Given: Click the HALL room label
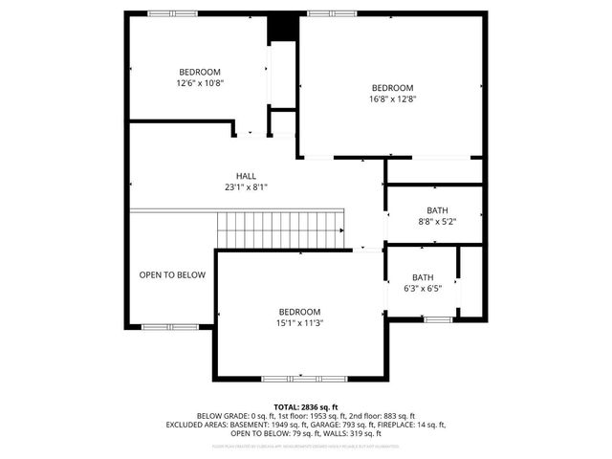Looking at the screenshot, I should (246, 176).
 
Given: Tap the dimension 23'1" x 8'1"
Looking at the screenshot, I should (246, 187).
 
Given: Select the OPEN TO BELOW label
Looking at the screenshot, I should (172, 275).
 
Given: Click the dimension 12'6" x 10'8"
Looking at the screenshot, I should (200, 83).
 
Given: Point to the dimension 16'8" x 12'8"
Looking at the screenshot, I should (392, 98).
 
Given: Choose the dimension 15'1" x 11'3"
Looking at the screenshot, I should (299, 323).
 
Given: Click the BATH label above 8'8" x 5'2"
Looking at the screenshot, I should (437, 210).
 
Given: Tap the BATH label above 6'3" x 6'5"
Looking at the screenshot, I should (422, 277).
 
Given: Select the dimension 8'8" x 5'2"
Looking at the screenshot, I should (437, 222).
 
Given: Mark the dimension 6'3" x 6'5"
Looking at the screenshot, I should (422, 288).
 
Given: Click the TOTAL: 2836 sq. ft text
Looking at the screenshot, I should (306, 406).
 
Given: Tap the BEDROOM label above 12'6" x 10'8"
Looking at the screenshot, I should (200, 73).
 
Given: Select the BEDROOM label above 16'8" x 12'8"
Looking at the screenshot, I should (392, 86).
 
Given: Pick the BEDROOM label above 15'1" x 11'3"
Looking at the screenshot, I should (299, 312).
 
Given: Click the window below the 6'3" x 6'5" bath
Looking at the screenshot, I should (438, 318).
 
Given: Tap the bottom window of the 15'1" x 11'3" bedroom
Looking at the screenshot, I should (291, 378).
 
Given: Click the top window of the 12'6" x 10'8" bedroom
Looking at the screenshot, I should (173, 13).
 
